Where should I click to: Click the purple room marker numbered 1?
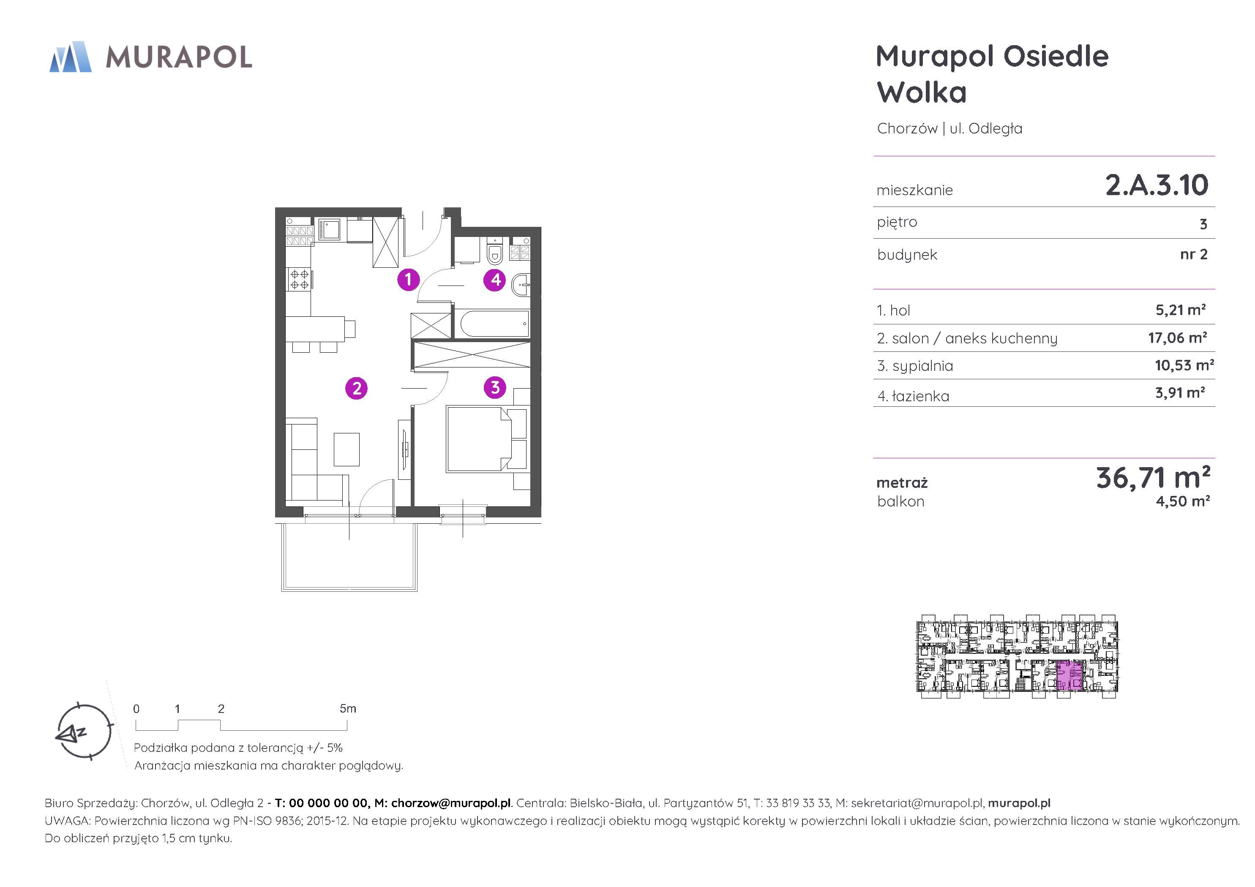[x=408, y=280]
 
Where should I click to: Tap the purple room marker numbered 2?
[x=356, y=388]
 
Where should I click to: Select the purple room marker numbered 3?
[x=495, y=387]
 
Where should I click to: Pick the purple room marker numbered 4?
[x=495, y=280]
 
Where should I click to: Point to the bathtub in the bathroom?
[x=494, y=324]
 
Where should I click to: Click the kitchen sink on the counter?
[x=330, y=229]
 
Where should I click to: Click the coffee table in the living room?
[x=346, y=449]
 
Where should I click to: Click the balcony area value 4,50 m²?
[x=1183, y=501]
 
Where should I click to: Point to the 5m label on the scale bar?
[x=348, y=708]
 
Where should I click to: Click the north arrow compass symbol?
[x=84, y=731]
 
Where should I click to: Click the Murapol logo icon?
[x=71, y=56]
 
